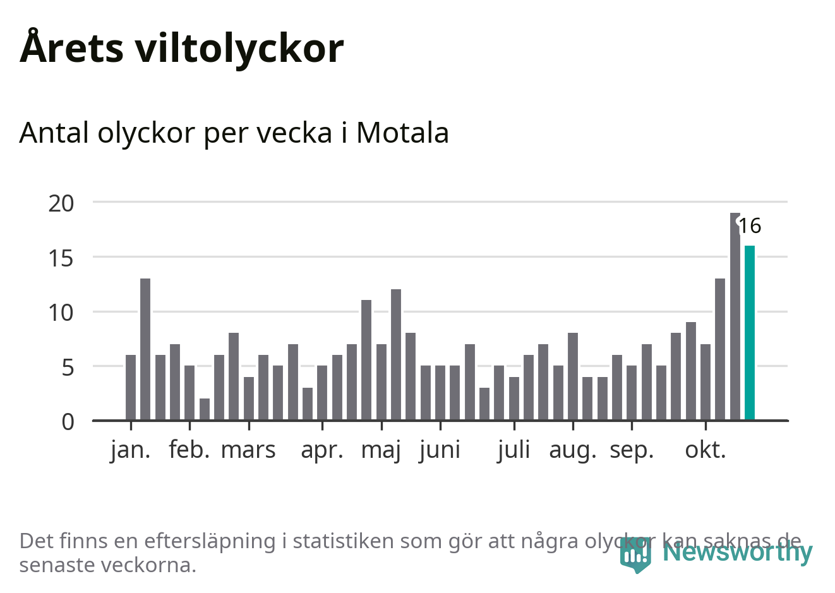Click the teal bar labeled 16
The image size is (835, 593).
(x=750, y=333)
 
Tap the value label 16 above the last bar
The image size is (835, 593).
(x=750, y=225)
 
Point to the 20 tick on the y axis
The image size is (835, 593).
(x=61, y=203)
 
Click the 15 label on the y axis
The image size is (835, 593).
(x=61, y=258)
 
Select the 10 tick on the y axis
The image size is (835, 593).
(x=61, y=313)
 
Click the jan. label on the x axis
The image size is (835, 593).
(x=131, y=450)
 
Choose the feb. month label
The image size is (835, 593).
(x=189, y=450)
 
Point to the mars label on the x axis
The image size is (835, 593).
(x=248, y=450)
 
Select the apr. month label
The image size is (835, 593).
(x=322, y=450)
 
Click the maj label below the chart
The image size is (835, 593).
(x=381, y=450)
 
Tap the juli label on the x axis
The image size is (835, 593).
(x=514, y=450)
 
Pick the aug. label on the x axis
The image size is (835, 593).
(x=573, y=450)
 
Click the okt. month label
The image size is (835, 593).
(x=706, y=450)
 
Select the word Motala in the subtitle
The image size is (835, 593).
(x=402, y=133)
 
